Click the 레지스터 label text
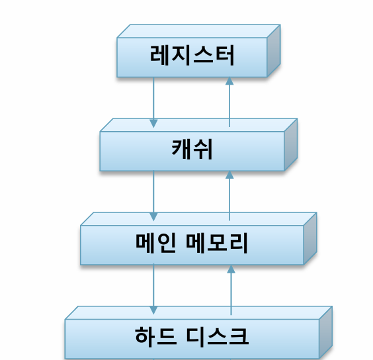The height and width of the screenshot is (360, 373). click(192, 55)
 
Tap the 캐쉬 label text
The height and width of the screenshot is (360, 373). click(192, 150)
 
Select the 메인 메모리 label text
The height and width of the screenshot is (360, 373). click(192, 243)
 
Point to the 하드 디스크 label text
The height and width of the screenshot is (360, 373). click(192, 337)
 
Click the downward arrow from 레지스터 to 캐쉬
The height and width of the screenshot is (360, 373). click(153, 103)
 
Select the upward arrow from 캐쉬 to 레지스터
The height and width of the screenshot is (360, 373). click(229, 102)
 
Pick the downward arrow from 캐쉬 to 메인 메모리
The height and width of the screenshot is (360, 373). click(153, 196)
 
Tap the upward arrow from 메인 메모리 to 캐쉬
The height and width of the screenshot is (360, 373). click(229, 196)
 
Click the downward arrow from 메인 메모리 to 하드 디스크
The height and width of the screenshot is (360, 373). click(153, 289)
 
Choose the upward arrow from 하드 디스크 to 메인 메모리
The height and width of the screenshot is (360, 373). click(231, 290)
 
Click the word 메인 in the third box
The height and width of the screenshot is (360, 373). click(156, 243)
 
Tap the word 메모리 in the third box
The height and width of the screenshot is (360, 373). click(217, 243)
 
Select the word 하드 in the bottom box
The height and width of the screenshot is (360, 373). click(156, 337)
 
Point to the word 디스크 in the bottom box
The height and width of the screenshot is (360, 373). click(218, 337)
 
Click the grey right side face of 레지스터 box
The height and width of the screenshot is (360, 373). click(274, 51)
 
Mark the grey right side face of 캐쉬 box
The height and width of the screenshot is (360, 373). click(291, 144)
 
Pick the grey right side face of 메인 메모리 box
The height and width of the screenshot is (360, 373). click(310, 238)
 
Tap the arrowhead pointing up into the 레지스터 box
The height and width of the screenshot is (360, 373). click(229, 81)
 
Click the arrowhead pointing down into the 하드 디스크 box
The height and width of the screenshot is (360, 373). click(153, 310)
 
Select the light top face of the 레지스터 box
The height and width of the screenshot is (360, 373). click(198, 31)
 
